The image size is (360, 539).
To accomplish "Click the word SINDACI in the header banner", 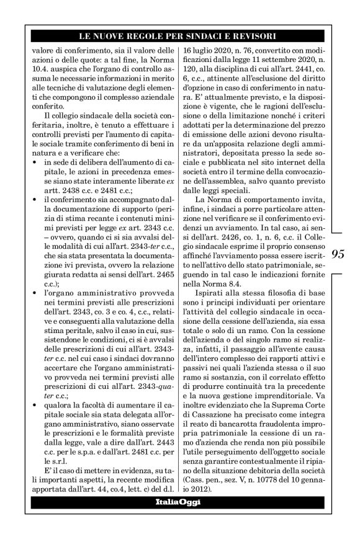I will tap(205, 37).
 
